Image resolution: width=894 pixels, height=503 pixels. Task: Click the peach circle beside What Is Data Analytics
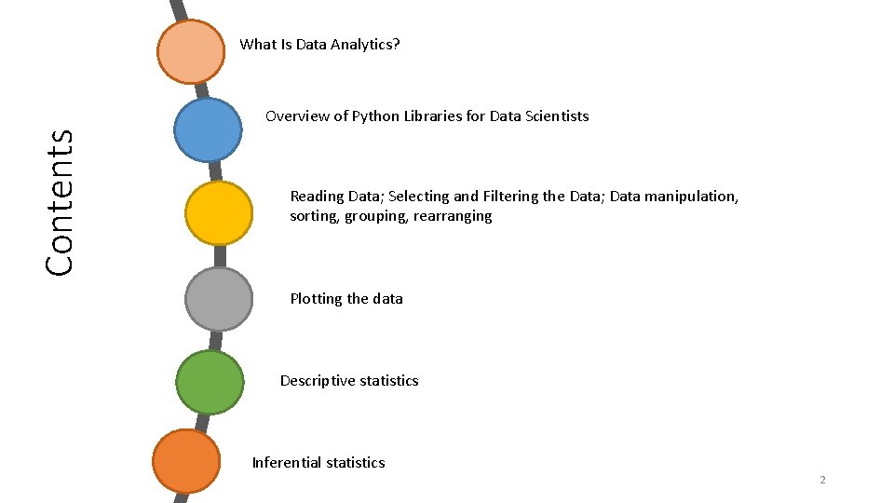point(191,52)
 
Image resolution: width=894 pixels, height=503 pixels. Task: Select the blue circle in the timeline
point(208,130)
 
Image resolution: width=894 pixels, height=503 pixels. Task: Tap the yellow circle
point(219,213)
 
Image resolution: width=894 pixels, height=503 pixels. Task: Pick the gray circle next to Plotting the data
point(219,299)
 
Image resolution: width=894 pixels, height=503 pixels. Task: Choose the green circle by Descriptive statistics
point(210,382)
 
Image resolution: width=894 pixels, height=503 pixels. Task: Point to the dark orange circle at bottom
point(186,460)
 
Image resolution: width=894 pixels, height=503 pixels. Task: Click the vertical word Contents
point(61,201)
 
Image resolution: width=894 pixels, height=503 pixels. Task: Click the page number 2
point(822,480)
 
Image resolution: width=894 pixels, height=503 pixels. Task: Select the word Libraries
point(434,116)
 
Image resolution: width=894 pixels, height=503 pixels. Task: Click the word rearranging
point(454,216)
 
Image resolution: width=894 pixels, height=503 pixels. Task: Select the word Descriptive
point(318,381)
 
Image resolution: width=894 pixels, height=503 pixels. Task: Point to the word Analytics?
point(366,44)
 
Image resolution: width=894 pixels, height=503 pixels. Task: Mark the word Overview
point(297,116)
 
